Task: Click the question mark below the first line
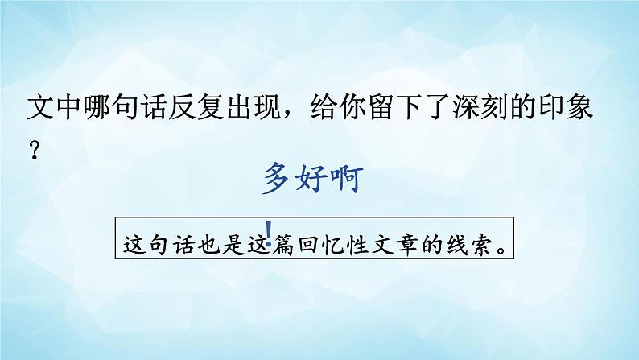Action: click(35, 153)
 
